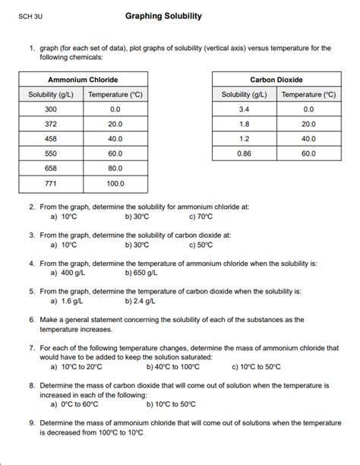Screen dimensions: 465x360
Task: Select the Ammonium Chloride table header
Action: [x=83, y=80]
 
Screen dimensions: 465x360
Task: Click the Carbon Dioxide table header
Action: [x=276, y=80]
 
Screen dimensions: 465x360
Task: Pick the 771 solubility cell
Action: [x=51, y=183]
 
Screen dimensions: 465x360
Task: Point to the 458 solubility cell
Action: [x=51, y=139]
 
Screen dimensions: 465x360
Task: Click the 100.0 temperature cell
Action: [x=115, y=183]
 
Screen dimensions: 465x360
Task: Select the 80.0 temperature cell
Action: [x=115, y=168]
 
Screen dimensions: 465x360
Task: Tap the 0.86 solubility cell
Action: [x=245, y=153]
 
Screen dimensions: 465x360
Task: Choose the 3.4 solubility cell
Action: [x=245, y=109]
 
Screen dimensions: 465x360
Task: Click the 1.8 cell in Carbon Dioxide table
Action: [x=245, y=124]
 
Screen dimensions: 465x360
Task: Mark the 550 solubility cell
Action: [x=51, y=153]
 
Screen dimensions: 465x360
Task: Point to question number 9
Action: [x=32, y=423]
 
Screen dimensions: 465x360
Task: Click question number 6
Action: [x=32, y=320]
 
